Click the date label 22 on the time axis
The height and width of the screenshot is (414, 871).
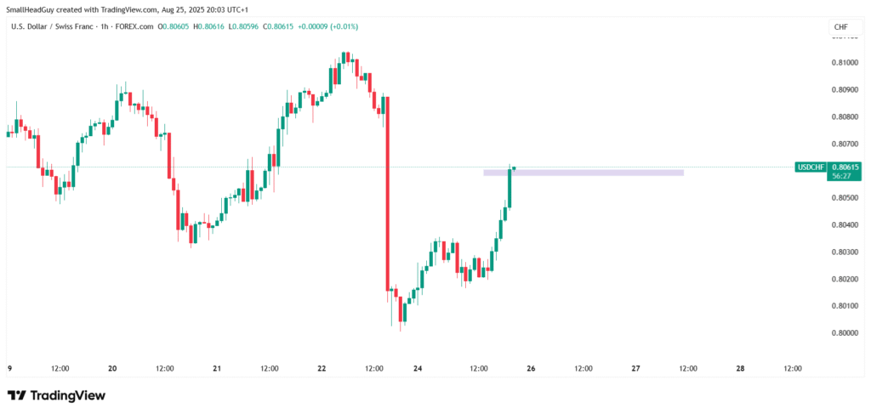(x=322, y=369)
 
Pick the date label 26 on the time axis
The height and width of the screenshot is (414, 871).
(x=531, y=369)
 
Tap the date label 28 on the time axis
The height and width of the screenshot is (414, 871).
(x=740, y=369)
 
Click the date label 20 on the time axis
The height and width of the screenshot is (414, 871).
(x=112, y=369)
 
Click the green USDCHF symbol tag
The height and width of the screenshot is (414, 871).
(x=810, y=167)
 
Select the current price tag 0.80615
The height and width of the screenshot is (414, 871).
(x=846, y=167)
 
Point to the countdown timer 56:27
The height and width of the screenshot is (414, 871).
(x=845, y=177)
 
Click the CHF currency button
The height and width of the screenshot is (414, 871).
(x=840, y=27)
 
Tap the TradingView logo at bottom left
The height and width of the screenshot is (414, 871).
(x=56, y=396)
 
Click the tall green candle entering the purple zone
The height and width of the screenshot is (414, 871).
(x=510, y=187)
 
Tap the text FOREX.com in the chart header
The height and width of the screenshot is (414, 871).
(x=134, y=27)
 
